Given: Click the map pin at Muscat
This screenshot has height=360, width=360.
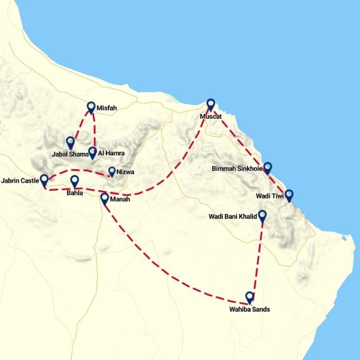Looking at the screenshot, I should tap(210, 104).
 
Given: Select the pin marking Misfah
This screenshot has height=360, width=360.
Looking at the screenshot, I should tap(91, 107).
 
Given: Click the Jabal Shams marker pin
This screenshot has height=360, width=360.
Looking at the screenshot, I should tap(70, 142).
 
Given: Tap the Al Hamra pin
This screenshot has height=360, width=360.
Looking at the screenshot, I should tap(92, 152).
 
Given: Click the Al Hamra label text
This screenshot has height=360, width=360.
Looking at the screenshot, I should tap(111, 154).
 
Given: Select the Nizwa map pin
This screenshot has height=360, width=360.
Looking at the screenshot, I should tap(112, 172).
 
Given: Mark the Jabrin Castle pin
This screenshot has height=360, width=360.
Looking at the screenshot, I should tap(44, 180).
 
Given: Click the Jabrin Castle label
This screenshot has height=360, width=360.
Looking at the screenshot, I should tap(20, 182).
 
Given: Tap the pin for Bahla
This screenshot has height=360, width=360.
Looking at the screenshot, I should tap(75, 181).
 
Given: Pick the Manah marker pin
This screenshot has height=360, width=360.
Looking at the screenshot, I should tap(104, 199).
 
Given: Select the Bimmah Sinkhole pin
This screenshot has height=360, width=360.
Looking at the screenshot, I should tap(267, 168).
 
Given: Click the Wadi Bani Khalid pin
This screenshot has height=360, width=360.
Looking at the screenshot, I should tap(262, 216).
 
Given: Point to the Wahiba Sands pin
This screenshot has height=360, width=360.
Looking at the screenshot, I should tap(249, 297).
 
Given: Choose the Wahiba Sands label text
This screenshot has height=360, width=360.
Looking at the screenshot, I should tap(249, 310).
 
